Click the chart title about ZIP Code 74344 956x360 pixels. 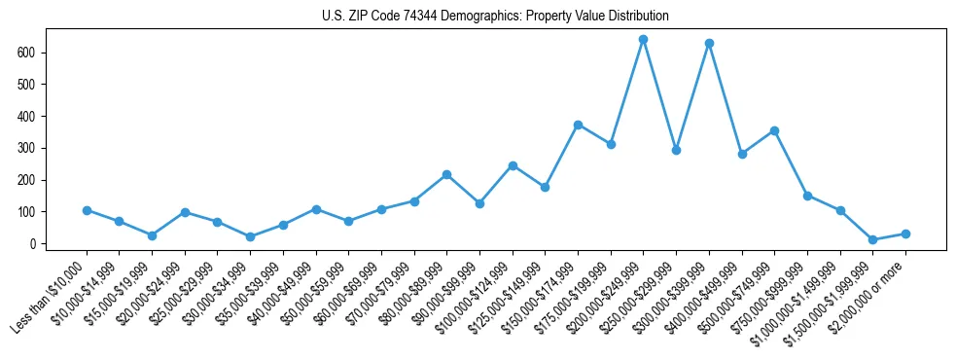click(x=495, y=17)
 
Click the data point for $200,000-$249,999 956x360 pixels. click(x=643, y=40)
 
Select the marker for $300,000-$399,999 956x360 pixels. click(x=709, y=44)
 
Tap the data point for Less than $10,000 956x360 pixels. click(x=87, y=210)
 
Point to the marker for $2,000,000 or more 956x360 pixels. click(x=905, y=234)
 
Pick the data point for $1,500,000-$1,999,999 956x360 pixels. click(x=872, y=239)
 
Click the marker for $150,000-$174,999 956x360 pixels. click(x=578, y=125)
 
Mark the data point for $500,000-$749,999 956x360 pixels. click(x=774, y=130)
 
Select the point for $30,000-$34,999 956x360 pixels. click(x=250, y=236)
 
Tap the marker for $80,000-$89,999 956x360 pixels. click(x=446, y=174)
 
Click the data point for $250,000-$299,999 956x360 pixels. click(x=676, y=150)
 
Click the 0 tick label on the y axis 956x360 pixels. click(x=32, y=243)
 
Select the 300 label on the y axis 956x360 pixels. click(x=27, y=148)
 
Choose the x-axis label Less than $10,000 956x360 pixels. click(x=52, y=296)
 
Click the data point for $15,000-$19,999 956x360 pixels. click(x=152, y=235)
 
